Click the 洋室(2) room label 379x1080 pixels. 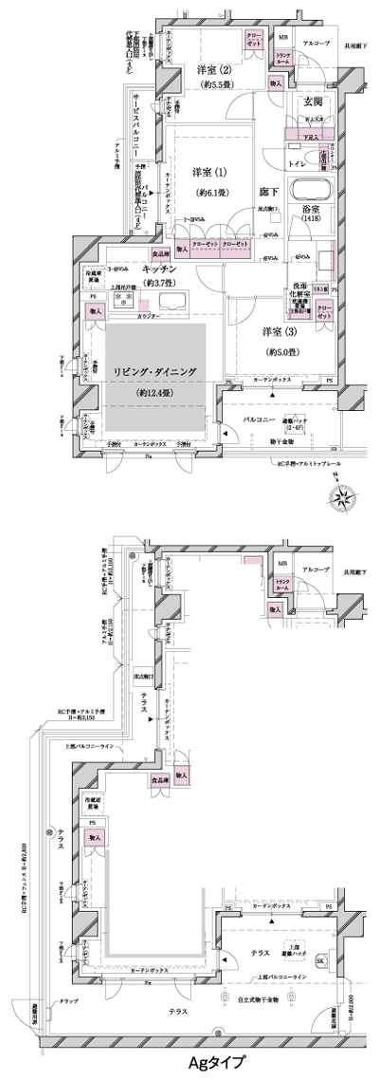[x=213, y=70]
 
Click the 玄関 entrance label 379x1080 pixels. [x=314, y=102]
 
